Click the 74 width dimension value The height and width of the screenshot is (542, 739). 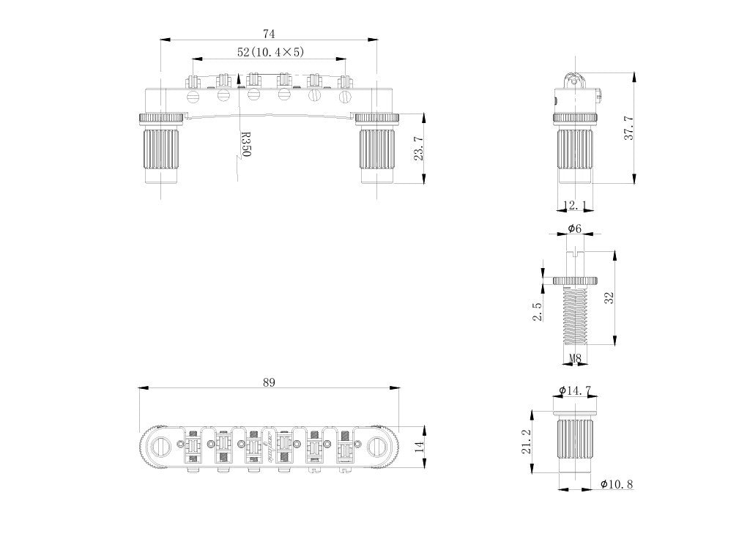[x=269, y=34]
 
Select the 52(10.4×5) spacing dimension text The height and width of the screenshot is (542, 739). [x=270, y=52]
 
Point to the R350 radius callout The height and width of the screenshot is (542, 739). [x=246, y=144]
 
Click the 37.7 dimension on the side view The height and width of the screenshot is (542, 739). [x=628, y=127]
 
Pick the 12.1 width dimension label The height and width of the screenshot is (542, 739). [x=575, y=205]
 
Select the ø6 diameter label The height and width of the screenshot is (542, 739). [x=575, y=229]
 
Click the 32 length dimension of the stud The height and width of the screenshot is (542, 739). [x=609, y=297]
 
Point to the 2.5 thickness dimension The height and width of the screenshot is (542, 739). [x=538, y=311]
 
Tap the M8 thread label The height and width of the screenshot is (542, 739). [x=575, y=359]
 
